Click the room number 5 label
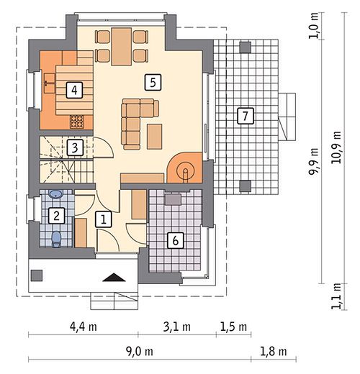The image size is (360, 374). [x=153, y=83]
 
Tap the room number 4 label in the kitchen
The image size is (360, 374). [x=74, y=90]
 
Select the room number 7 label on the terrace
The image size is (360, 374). [x=246, y=117]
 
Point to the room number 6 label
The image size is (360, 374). [x=176, y=240]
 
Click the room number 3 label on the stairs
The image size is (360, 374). [x=75, y=147]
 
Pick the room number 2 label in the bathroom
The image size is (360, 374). [x=57, y=216]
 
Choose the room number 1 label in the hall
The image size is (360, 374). [x=104, y=219]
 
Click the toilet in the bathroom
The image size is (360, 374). [x=57, y=239]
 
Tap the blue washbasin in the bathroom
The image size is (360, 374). [x=56, y=194]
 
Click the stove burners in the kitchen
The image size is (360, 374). [x=77, y=122]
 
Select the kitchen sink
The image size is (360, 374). [x=50, y=83]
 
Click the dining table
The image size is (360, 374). [x=122, y=47]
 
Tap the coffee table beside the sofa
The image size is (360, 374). [x=155, y=137]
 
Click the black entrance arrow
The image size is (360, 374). [x=114, y=277]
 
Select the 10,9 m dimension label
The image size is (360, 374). [x=336, y=147]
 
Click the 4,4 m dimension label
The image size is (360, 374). [x=84, y=327]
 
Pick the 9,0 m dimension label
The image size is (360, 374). [x=140, y=352]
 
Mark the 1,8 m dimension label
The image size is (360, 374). [x=274, y=352]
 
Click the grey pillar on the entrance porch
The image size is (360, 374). [x=37, y=275]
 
